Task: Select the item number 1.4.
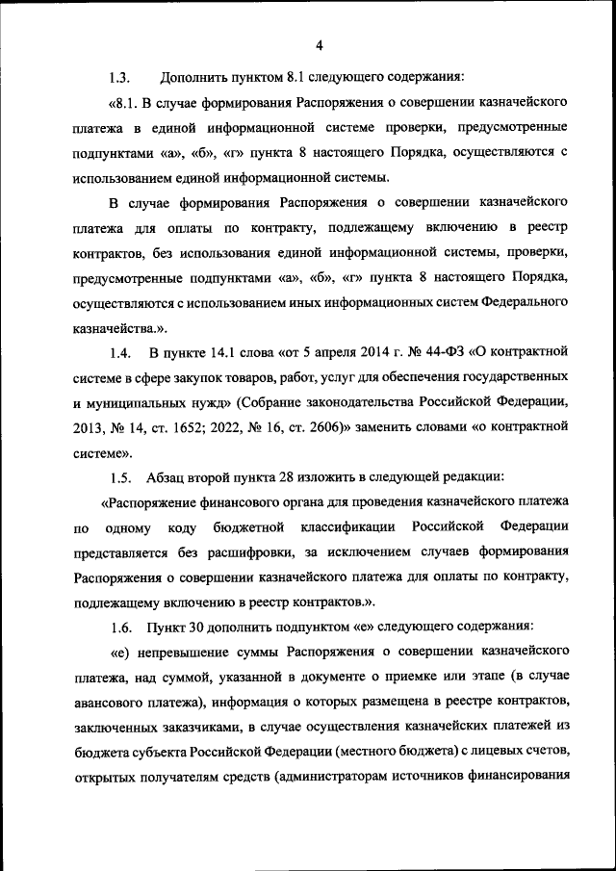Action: click(120, 351)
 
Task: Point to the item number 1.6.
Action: click(120, 628)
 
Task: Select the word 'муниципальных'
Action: click(136, 401)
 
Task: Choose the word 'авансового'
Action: click(112, 703)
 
